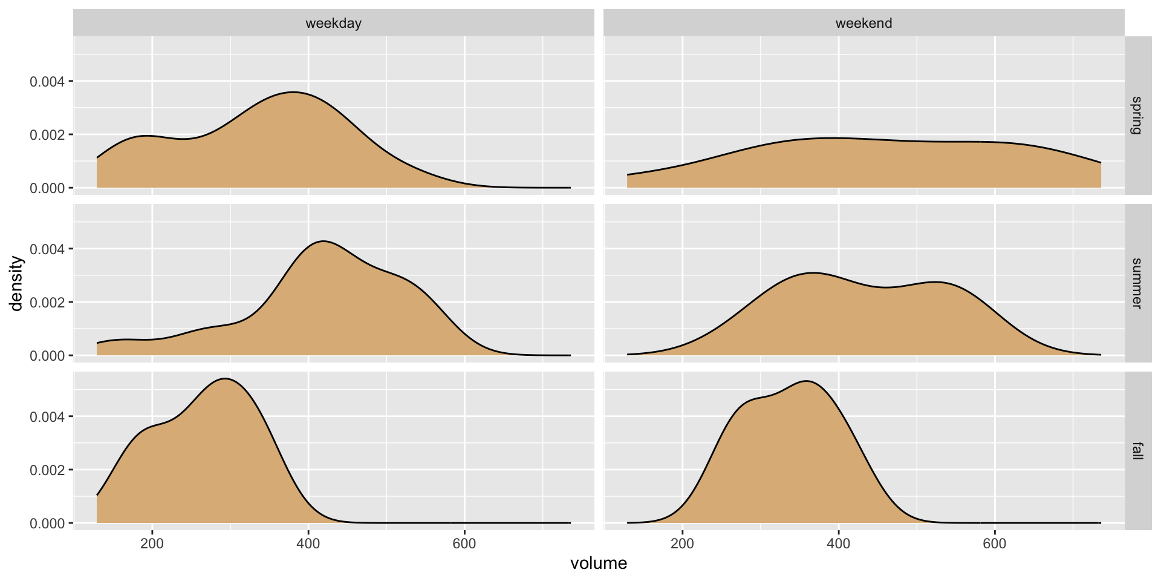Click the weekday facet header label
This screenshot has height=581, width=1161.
click(x=333, y=24)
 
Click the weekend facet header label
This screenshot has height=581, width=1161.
click(x=863, y=24)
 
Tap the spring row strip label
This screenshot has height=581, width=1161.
click(x=1137, y=115)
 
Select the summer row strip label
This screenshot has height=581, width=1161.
click(x=1137, y=283)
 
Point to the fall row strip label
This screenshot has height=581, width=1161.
click(x=1137, y=451)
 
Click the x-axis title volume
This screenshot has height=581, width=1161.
click(x=599, y=563)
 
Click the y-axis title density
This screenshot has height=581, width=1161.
click(x=17, y=283)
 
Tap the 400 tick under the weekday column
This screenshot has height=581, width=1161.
click(x=308, y=543)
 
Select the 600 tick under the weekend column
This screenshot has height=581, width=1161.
click(x=995, y=543)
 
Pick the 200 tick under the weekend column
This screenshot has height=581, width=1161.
click(x=682, y=543)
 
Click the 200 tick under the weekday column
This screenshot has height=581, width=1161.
click(x=152, y=543)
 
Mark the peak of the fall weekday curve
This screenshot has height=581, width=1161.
click(x=225, y=379)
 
